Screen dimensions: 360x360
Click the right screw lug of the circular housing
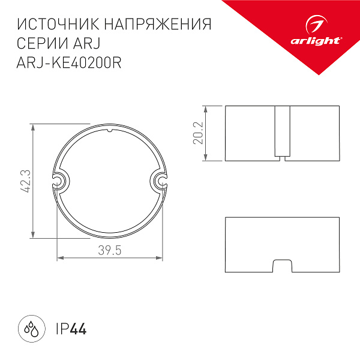pyautogui.click(x=160, y=181)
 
